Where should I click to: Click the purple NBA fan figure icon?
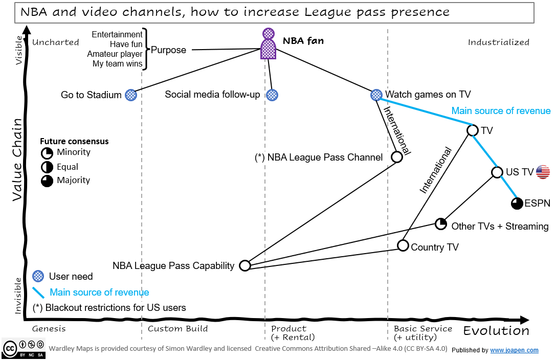[269, 44]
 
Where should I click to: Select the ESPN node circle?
[517, 204]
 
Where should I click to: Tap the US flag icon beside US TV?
[543, 172]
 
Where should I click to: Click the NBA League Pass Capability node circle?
[245, 265]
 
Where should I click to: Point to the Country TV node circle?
[403, 246]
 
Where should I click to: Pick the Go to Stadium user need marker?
[131, 95]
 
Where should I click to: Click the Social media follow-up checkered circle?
[272, 95]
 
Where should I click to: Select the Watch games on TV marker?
[376, 95]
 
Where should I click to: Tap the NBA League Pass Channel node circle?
[396, 157]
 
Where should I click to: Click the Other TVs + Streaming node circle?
[440, 223]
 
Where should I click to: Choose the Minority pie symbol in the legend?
[47, 152]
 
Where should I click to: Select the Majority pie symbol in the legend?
[47, 181]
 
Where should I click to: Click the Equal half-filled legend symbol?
[47, 167]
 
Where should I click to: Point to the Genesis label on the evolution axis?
[49, 329]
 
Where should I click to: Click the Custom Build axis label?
[177, 329]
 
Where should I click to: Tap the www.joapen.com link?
[514, 350]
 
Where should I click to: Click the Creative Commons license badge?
[24, 348]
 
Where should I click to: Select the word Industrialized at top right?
[498, 42]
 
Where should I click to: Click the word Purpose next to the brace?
[168, 50]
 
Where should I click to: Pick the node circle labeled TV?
[473, 130]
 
